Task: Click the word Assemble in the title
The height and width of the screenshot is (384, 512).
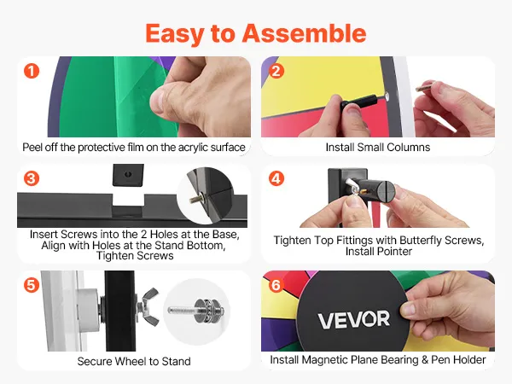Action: click(304, 33)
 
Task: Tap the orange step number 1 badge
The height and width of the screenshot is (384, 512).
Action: click(32, 71)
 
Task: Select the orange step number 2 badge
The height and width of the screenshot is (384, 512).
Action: click(276, 71)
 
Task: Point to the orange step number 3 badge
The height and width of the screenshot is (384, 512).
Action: click(32, 178)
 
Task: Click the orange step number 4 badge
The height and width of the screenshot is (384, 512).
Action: click(276, 178)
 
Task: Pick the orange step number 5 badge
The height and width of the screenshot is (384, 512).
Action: click(32, 285)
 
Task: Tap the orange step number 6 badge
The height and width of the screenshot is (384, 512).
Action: click(276, 285)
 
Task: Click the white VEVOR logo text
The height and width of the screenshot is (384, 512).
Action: click(354, 319)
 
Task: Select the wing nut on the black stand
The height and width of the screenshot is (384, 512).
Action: click(148, 306)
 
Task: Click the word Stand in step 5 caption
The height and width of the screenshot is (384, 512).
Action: click(177, 361)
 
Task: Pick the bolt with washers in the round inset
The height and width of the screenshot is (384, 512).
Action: click(196, 311)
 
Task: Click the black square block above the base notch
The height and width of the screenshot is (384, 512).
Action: click(128, 175)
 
